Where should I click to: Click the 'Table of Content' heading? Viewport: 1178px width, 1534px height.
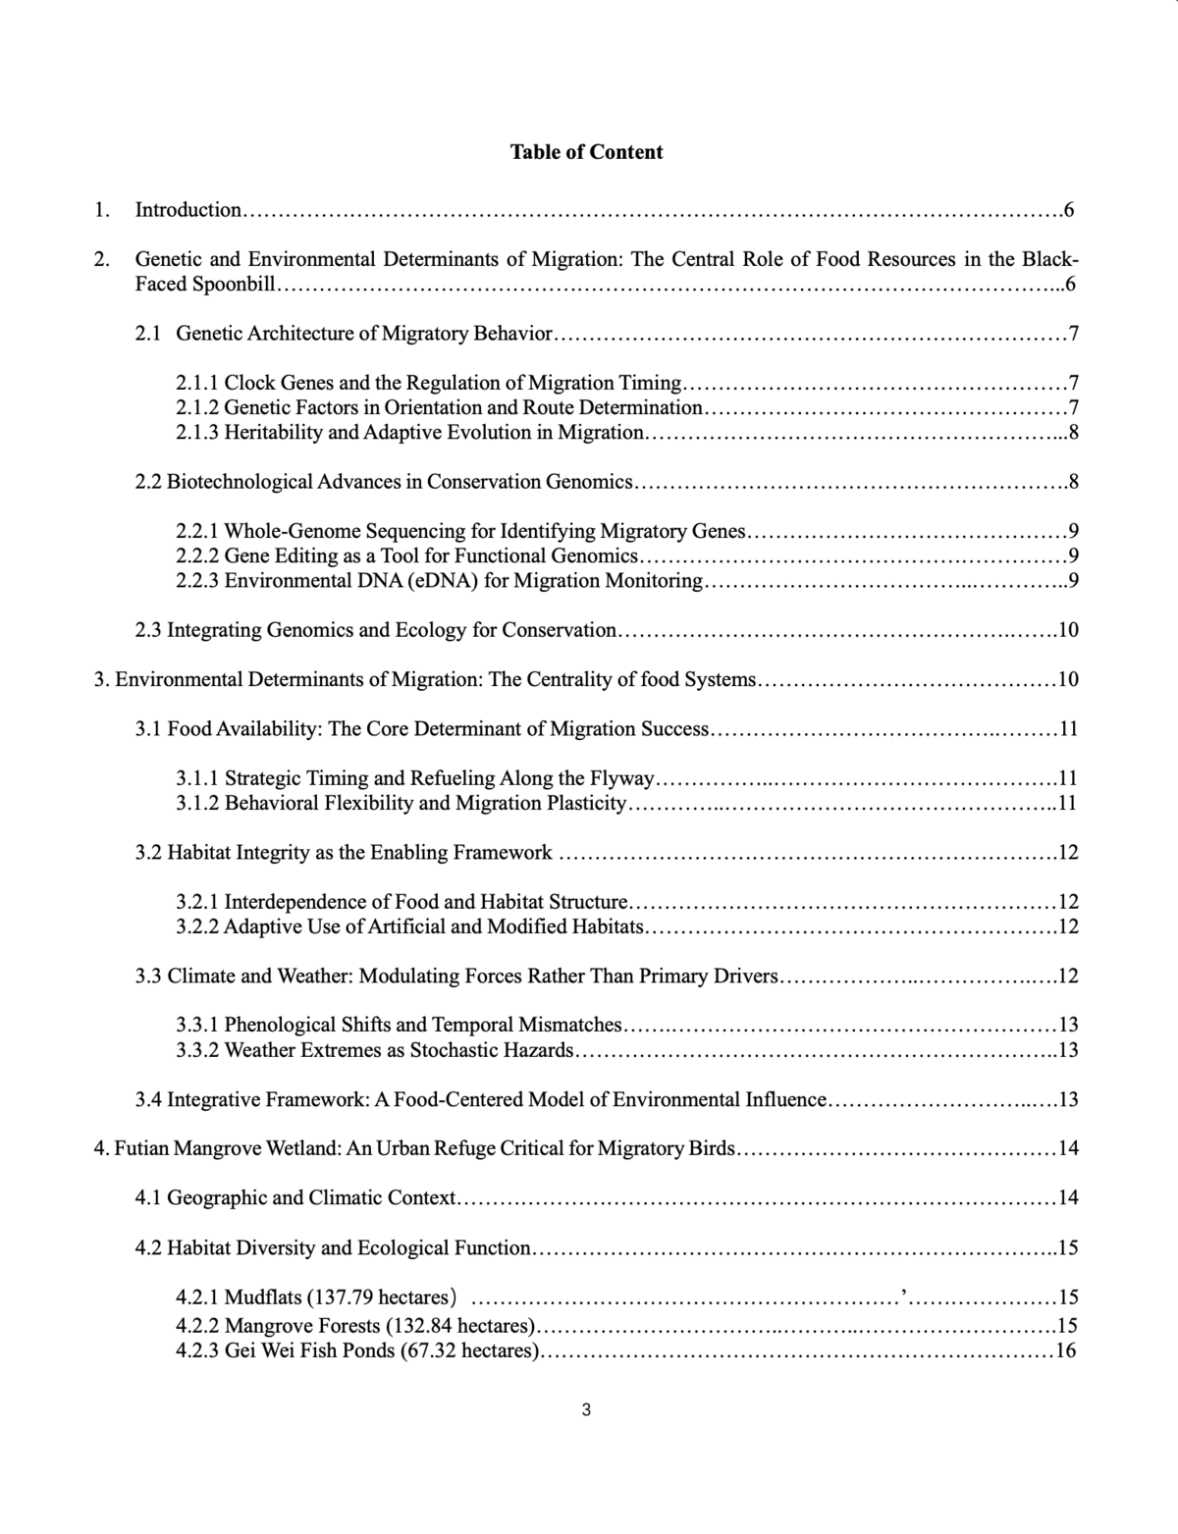coord(586,152)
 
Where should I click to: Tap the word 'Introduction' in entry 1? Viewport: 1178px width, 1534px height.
coord(187,209)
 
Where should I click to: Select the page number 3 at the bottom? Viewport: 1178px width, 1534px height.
coord(586,1410)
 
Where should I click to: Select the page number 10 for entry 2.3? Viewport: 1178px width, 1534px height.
coord(1068,630)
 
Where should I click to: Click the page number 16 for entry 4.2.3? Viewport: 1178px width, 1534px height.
coord(1065,1350)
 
